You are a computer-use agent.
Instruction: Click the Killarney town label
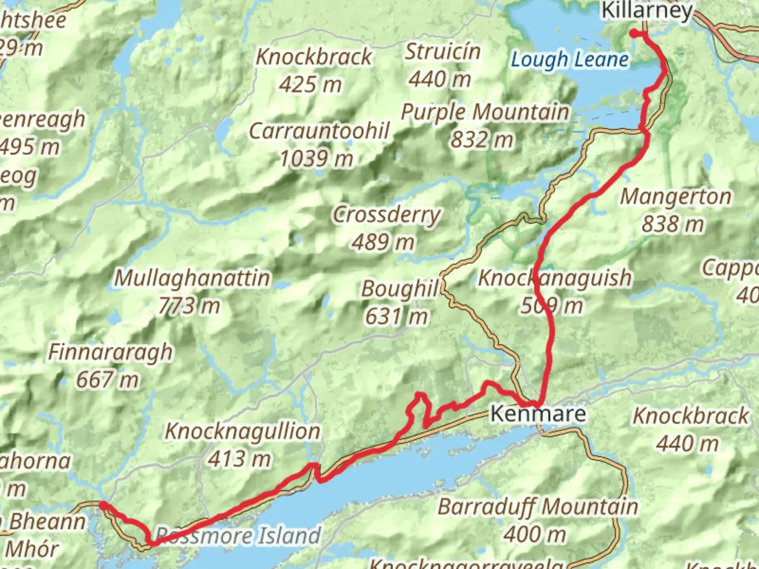pyautogui.click(x=647, y=11)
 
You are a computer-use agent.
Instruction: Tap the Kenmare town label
pyautogui.click(x=538, y=414)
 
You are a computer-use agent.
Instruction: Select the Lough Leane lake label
pyautogui.click(x=570, y=60)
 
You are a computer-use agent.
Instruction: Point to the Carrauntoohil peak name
pyautogui.click(x=319, y=131)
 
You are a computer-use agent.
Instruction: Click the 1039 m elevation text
pyautogui.click(x=316, y=158)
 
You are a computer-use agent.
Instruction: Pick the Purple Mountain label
pyautogui.click(x=485, y=112)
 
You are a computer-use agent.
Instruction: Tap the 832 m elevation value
pyautogui.click(x=482, y=140)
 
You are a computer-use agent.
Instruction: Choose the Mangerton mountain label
pyautogui.click(x=676, y=197)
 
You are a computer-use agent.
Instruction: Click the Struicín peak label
pyautogui.click(x=442, y=52)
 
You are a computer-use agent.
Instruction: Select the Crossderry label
pyautogui.click(x=386, y=214)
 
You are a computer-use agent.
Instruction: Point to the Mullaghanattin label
pyautogui.click(x=192, y=278)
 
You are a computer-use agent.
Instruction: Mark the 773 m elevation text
pyautogui.click(x=189, y=306)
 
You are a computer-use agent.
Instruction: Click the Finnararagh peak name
pyautogui.click(x=111, y=352)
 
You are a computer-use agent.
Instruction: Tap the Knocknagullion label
pyautogui.click(x=242, y=431)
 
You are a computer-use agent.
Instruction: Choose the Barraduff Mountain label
pyautogui.click(x=538, y=507)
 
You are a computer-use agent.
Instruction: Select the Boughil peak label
pyautogui.click(x=400, y=289)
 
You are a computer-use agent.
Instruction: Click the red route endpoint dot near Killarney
pyautogui.click(x=634, y=34)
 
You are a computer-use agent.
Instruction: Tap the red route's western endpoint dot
pyautogui.click(x=103, y=505)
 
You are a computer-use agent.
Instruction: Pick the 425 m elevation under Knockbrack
pyautogui.click(x=310, y=84)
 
